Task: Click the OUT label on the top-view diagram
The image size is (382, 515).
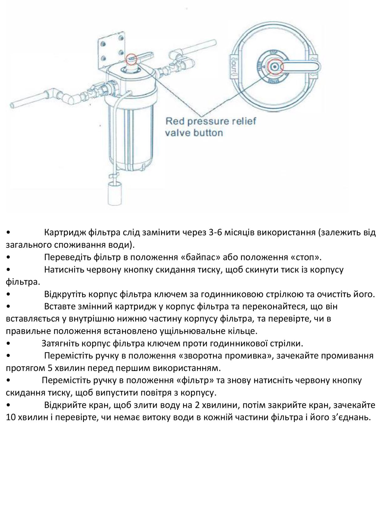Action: pyautogui.click(x=234, y=67)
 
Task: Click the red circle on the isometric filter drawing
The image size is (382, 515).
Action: pyautogui.click(x=132, y=59)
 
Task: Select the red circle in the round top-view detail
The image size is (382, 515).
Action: pyautogui.click(x=274, y=67)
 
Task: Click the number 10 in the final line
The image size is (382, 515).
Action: pyautogui.click(x=11, y=417)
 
